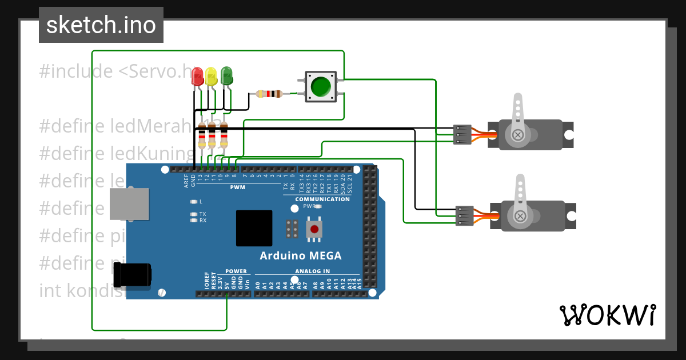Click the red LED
click(x=197, y=77)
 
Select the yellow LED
click(x=212, y=77)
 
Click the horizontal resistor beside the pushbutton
click(x=269, y=94)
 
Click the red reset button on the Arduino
click(x=314, y=230)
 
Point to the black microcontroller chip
click(x=254, y=228)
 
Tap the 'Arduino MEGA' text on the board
click(x=301, y=255)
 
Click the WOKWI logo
click(x=607, y=315)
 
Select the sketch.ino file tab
click(x=101, y=25)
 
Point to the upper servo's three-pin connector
click(x=462, y=134)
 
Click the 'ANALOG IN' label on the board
click(x=312, y=271)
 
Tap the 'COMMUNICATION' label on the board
click(x=322, y=199)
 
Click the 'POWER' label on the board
click(x=236, y=271)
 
